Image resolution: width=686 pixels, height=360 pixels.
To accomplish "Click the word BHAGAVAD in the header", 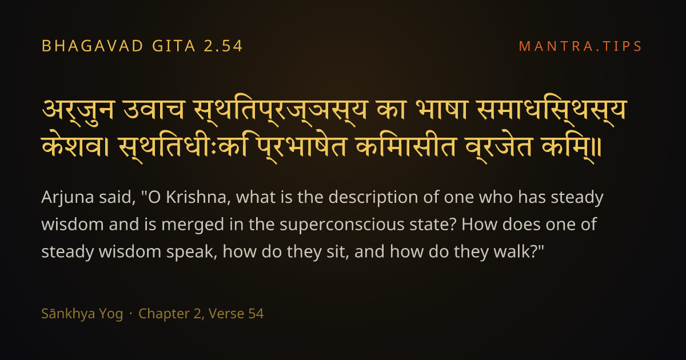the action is click(x=93, y=46).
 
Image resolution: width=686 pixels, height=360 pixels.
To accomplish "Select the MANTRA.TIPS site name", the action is click(x=580, y=46).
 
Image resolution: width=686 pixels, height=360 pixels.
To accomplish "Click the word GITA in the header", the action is click(x=174, y=46).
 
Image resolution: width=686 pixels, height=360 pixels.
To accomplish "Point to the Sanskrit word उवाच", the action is click(x=154, y=110).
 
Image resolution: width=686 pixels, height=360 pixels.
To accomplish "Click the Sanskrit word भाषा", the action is click(x=441, y=110).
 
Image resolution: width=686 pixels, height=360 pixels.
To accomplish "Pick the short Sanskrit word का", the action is click(x=391, y=110).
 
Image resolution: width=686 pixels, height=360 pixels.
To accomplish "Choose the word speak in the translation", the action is click(x=192, y=253).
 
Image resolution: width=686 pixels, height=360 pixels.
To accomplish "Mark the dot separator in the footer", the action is click(x=131, y=314).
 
